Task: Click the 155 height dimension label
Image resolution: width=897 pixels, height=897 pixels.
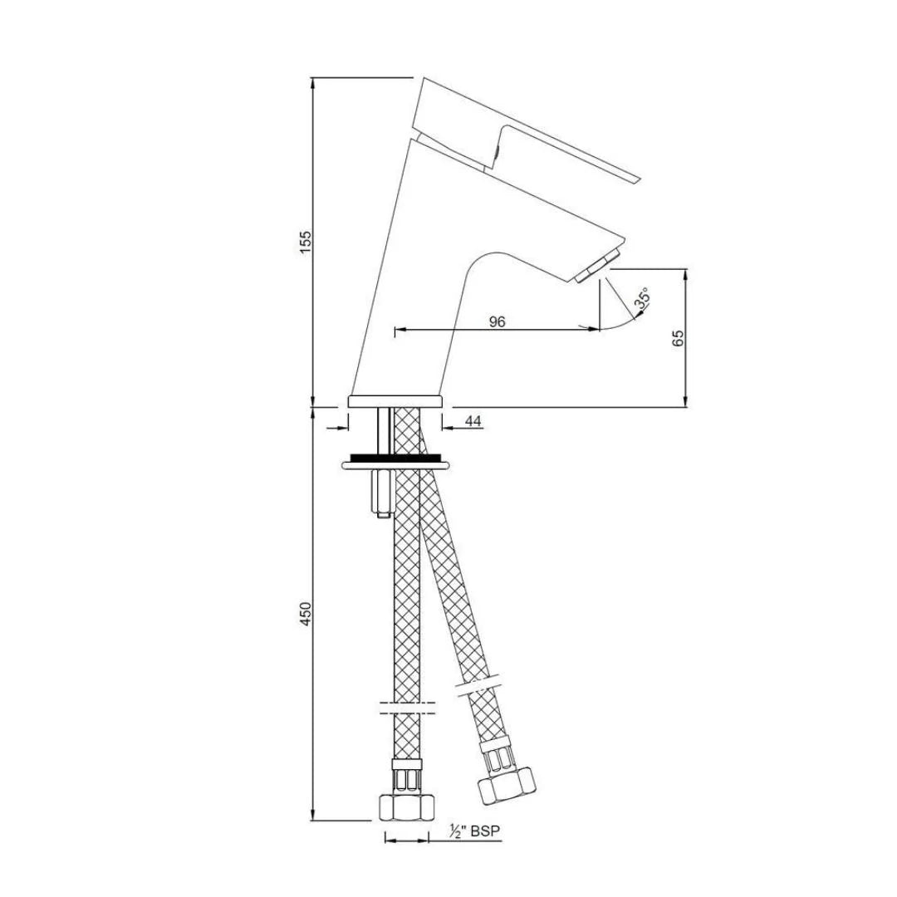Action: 305,242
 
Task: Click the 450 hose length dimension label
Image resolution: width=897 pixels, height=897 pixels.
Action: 305,615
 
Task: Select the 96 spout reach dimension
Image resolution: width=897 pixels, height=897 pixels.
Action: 497,321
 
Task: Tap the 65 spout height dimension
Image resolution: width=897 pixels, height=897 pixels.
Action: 678,338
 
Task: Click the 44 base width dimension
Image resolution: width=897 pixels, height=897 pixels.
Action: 473,422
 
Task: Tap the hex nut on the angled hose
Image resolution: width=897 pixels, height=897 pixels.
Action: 506,784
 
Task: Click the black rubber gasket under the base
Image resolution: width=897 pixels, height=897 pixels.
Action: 395,457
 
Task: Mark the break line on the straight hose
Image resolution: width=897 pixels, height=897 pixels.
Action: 406,708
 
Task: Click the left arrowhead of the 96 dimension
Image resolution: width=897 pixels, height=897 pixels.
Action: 397,330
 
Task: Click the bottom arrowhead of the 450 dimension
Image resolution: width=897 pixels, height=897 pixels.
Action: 313,817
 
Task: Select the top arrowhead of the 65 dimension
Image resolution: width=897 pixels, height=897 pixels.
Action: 686,272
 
